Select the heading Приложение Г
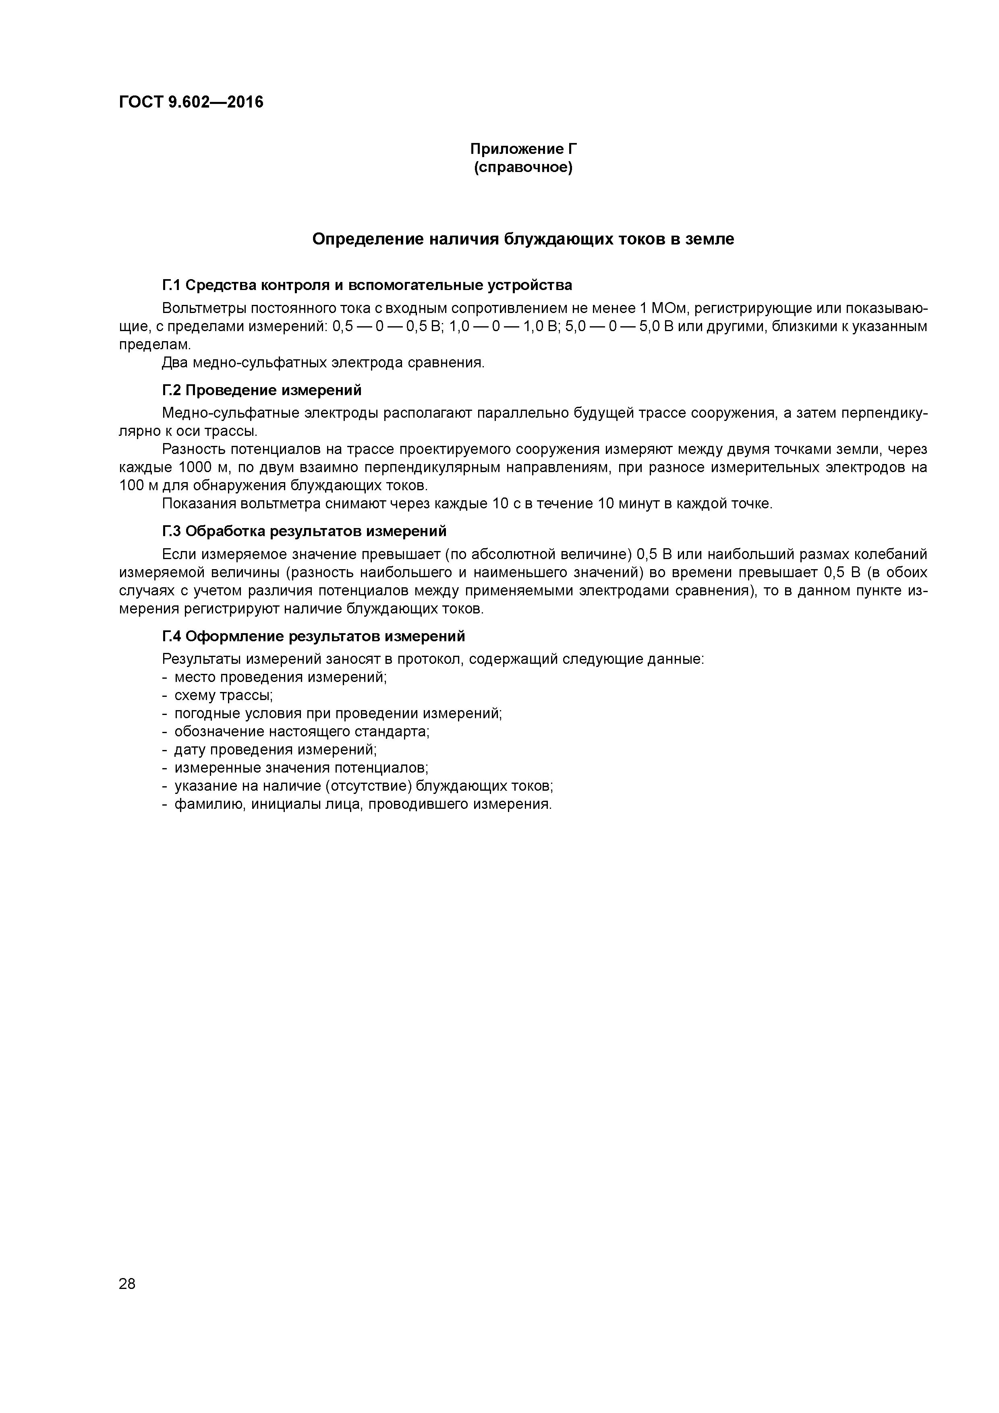[523, 149]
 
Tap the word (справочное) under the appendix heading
[523, 168]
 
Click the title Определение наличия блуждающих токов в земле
[523, 239]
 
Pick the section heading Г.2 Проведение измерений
[261, 390]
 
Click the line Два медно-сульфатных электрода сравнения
[323, 363]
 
